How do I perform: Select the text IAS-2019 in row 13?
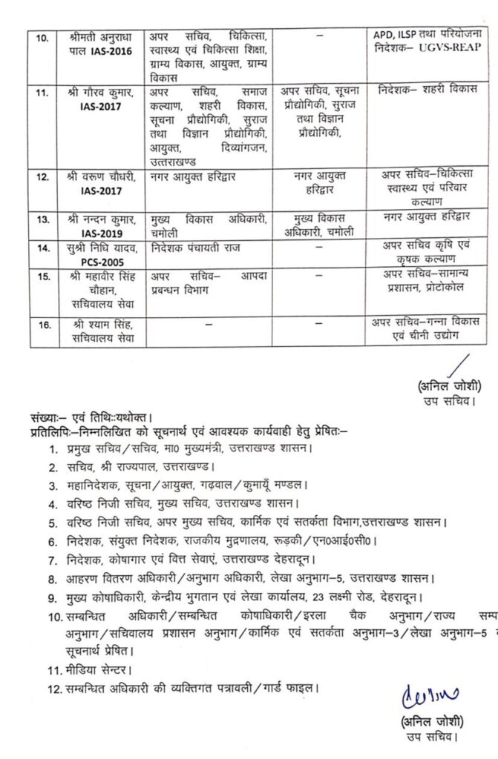click(100, 231)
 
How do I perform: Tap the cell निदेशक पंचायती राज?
click(197, 245)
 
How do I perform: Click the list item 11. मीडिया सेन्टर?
click(89, 669)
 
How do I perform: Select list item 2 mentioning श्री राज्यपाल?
click(137, 467)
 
